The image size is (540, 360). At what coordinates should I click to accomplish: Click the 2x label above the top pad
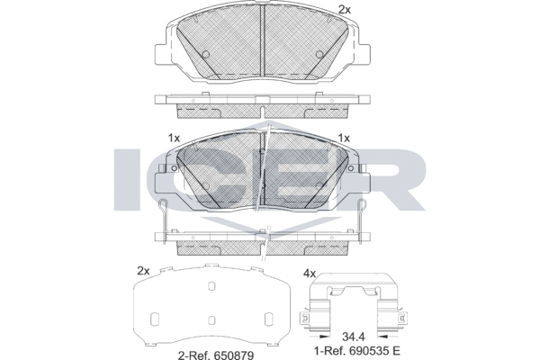[345, 10]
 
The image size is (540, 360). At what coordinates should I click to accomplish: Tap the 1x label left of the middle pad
[175, 138]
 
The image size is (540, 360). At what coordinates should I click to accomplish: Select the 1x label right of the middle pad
[344, 138]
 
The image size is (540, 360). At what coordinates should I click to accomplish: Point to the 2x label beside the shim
[143, 271]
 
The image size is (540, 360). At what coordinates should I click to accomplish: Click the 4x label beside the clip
[310, 274]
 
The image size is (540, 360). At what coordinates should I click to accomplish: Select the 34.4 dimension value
[354, 336]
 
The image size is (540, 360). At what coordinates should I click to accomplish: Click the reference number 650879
[235, 354]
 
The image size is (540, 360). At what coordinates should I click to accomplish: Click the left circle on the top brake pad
[205, 54]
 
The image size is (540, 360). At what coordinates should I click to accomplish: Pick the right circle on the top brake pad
[319, 54]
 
